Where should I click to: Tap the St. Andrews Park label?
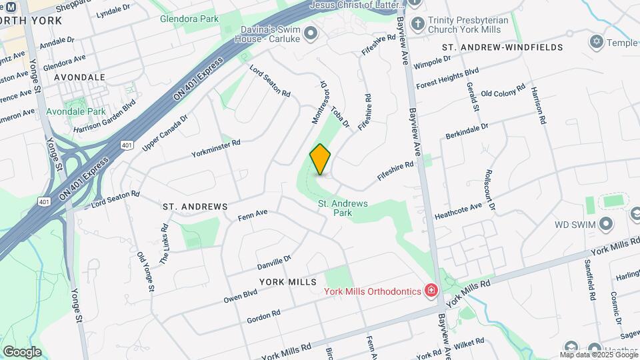click(x=343, y=208)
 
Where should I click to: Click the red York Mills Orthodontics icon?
click(x=431, y=291)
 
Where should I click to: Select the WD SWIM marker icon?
click(x=607, y=223)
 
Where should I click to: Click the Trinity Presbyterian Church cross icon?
click(x=418, y=24)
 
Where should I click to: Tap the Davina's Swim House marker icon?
click(x=310, y=32)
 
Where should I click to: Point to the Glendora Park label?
click(x=189, y=19)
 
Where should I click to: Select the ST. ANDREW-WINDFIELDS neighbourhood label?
click(x=503, y=47)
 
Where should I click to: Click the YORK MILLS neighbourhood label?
click(x=287, y=282)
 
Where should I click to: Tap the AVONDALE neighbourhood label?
click(x=79, y=77)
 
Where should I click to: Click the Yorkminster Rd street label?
click(x=215, y=147)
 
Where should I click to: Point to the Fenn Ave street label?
click(x=253, y=216)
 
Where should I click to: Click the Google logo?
click(x=22, y=351)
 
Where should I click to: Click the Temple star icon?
click(x=596, y=43)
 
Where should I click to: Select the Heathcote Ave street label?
click(x=458, y=211)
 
